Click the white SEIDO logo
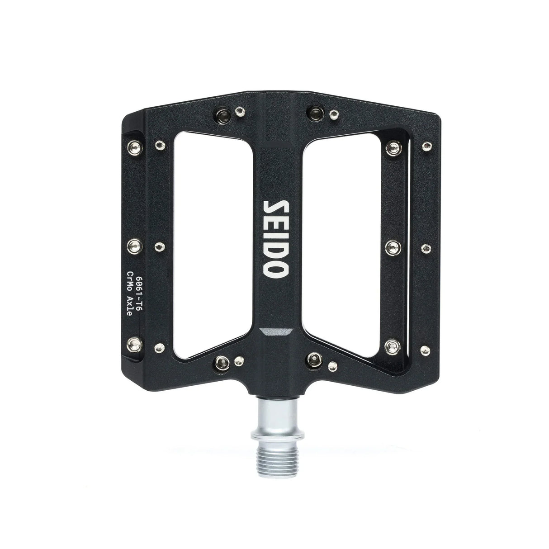(274, 240)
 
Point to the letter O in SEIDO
(274, 270)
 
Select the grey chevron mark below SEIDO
(274, 331)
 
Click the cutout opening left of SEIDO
(213, 240)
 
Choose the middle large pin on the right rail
(393, 246)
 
